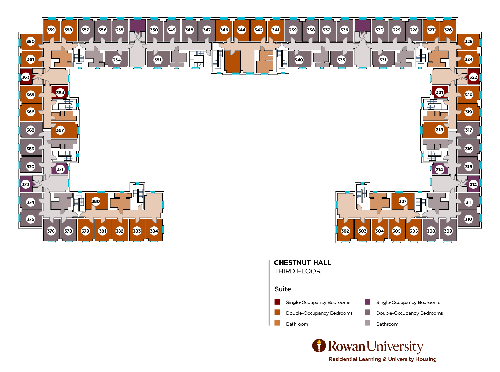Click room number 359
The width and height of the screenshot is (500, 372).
click(x=51, y=30)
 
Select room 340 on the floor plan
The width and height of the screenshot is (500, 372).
click(x=299, y=60)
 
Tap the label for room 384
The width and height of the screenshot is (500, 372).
click(x=154, y=231)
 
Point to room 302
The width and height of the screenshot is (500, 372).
click(x=345, y=231)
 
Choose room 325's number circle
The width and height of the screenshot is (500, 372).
click(x=468, y=42)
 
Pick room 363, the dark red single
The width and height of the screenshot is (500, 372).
click(x=26, y=77)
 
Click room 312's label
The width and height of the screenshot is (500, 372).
click(x=473, y=184)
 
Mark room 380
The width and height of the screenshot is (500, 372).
click(x=96, y=201)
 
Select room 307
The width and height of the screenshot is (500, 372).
click(x=403, y=201)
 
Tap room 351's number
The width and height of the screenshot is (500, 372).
click(x=158, y=60)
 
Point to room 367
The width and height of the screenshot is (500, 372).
click(x=60, y=130)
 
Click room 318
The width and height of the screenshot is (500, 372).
click(x=439, y=130)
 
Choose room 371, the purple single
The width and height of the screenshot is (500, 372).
click(x=60, y=169)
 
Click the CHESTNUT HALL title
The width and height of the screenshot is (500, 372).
click(x=302, y=263)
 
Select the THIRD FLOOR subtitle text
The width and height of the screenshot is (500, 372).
click(x=297, y=271)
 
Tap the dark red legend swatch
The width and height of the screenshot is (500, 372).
click(x=277, y=302)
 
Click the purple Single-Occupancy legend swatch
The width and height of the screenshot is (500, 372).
click(x=367, y=302)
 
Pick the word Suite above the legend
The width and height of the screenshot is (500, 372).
click(x=282, y=289)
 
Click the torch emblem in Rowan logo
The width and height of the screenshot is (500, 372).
click(x=319, y=346)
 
